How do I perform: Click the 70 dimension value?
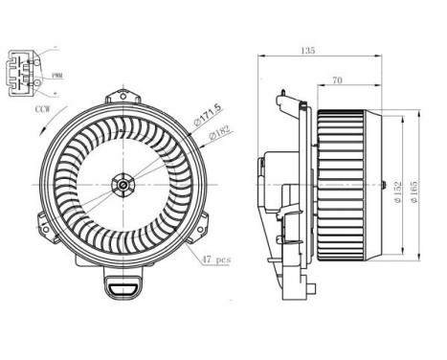tap(338, 80)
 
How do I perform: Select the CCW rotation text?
tap(43, 110)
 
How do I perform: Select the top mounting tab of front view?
tap(122, 97)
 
